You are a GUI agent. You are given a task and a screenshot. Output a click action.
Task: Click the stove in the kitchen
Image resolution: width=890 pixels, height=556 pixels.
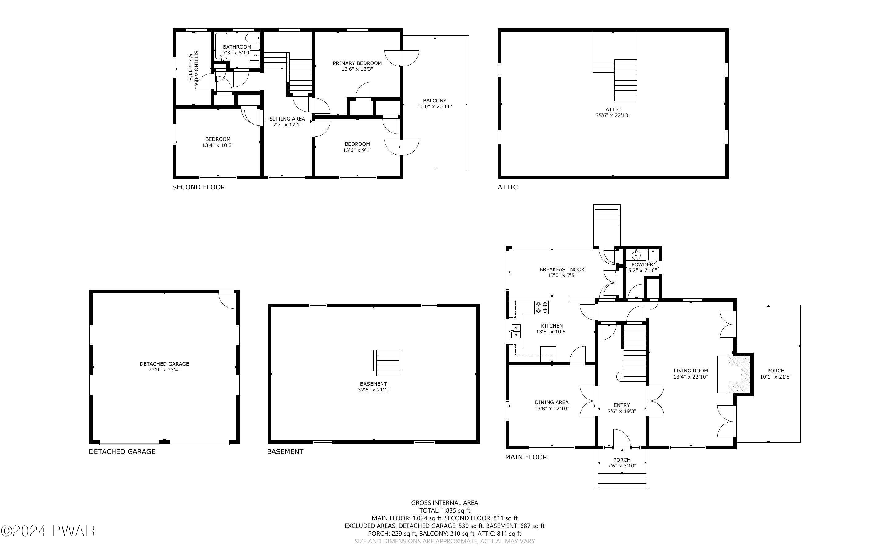tap(542, 308)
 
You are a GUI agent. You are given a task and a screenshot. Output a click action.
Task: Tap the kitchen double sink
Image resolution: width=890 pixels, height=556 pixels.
tap(516, 331)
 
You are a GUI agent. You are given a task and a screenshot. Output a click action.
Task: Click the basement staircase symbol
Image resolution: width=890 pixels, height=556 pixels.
tap(387, 363)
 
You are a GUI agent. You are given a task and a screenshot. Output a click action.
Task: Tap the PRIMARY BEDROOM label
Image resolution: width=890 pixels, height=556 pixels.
tap(357, 63)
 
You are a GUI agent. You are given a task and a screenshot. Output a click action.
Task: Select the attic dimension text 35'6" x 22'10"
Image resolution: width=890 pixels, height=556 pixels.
tap(613, 115)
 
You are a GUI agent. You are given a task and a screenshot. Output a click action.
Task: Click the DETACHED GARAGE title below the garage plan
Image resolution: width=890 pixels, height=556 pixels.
tap(122, 451)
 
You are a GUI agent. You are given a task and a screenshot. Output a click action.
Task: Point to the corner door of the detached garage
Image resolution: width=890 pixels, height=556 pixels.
tap(226, 300)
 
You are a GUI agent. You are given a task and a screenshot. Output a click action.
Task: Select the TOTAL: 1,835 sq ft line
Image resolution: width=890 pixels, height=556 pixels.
tap(445, 510)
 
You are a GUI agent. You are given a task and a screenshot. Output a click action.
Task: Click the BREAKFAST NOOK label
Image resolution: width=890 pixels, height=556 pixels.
tap(562, 269)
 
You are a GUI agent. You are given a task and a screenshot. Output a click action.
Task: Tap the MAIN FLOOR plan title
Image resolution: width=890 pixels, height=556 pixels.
tap(526, 457)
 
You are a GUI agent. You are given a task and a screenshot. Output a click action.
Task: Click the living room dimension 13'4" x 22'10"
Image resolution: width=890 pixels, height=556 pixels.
tap(691, 377)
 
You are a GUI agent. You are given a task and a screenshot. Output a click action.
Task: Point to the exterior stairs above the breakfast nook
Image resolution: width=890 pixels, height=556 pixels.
tap(606, 225)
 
